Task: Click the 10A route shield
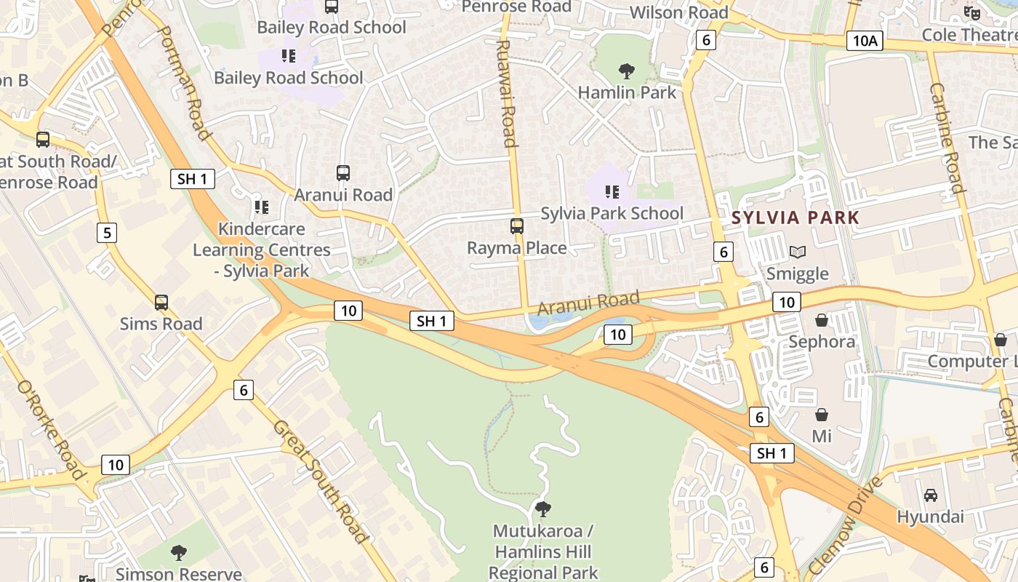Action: (x=865, y=41)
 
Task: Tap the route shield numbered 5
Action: (x=107, y=233)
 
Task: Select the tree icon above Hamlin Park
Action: (x=626, y=71)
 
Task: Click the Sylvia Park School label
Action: (x=612, y=213)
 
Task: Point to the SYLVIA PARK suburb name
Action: (x=795, y=217)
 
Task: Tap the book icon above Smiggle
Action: (x=798, y=252)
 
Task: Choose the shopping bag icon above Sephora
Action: (x=822, y=320)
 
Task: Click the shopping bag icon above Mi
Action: (x=822, y=415)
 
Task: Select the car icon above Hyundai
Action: (x=930, y=495)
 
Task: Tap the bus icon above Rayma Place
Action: (x=517, y=226)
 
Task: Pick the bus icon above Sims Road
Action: (x=161, y=303)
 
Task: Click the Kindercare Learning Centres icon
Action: (x=262, y=207)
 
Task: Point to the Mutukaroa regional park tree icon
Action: (x=542, y=509)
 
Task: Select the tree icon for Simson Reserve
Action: (x=179, y=553)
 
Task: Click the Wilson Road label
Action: (x=678, y=12)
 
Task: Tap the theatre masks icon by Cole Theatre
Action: (x=971, y=12)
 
